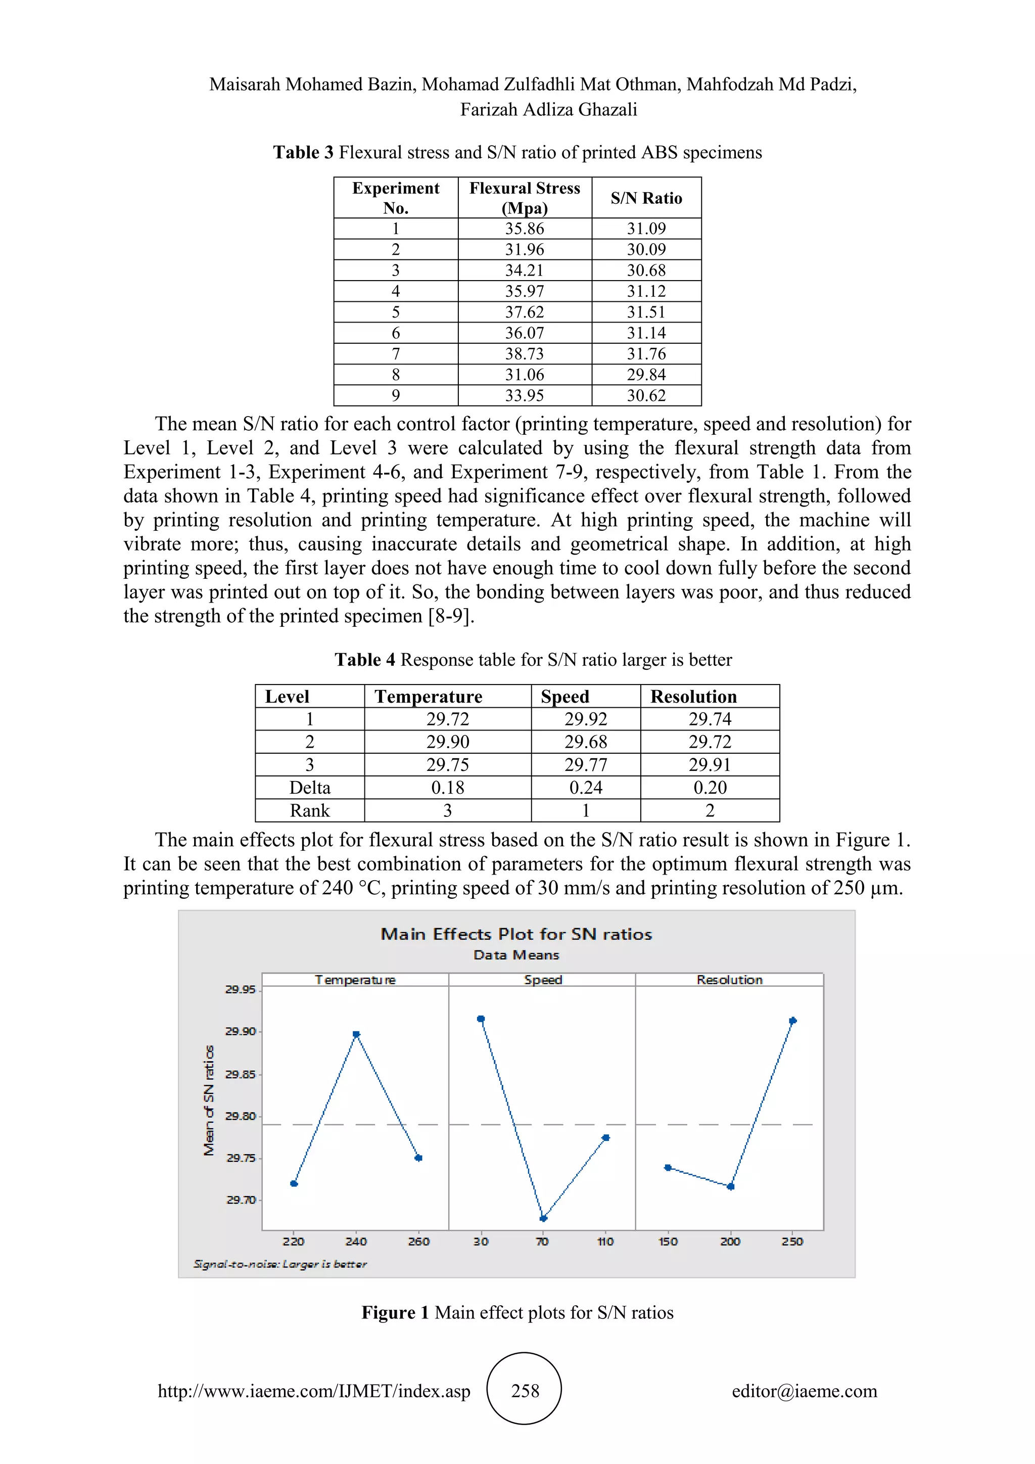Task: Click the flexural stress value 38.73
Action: pyautogui.click(x=524, y=354)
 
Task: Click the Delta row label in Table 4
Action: pyautogui.click(x=310, y=788)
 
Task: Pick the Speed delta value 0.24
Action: pyautogui.click(x=585, y=788)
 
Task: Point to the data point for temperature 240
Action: pyautogui.click(x=356, y=1034)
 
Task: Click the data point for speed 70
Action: pyautogui.click(x=543, y=1218)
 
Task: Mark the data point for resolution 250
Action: pyautogui.click(x=792, y=1021)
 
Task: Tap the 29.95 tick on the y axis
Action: pyautogui.click(x=240, y=990)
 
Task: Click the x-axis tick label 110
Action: pyautogui.click(x=605, y=1242)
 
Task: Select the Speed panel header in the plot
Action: pyautogui.click(x=542, y=980)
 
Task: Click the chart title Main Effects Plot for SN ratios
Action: pyautogui.click(x=516, y=934)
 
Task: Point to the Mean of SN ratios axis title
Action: pyautogui.click(x=208, y=1101)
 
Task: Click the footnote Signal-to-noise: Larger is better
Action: pyautogui.click(x=280, y=1264)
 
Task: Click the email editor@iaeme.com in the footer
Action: pyautogui.click(x=804, y=1391)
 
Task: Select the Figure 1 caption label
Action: pyautogui.click(x=395, y=1312)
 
